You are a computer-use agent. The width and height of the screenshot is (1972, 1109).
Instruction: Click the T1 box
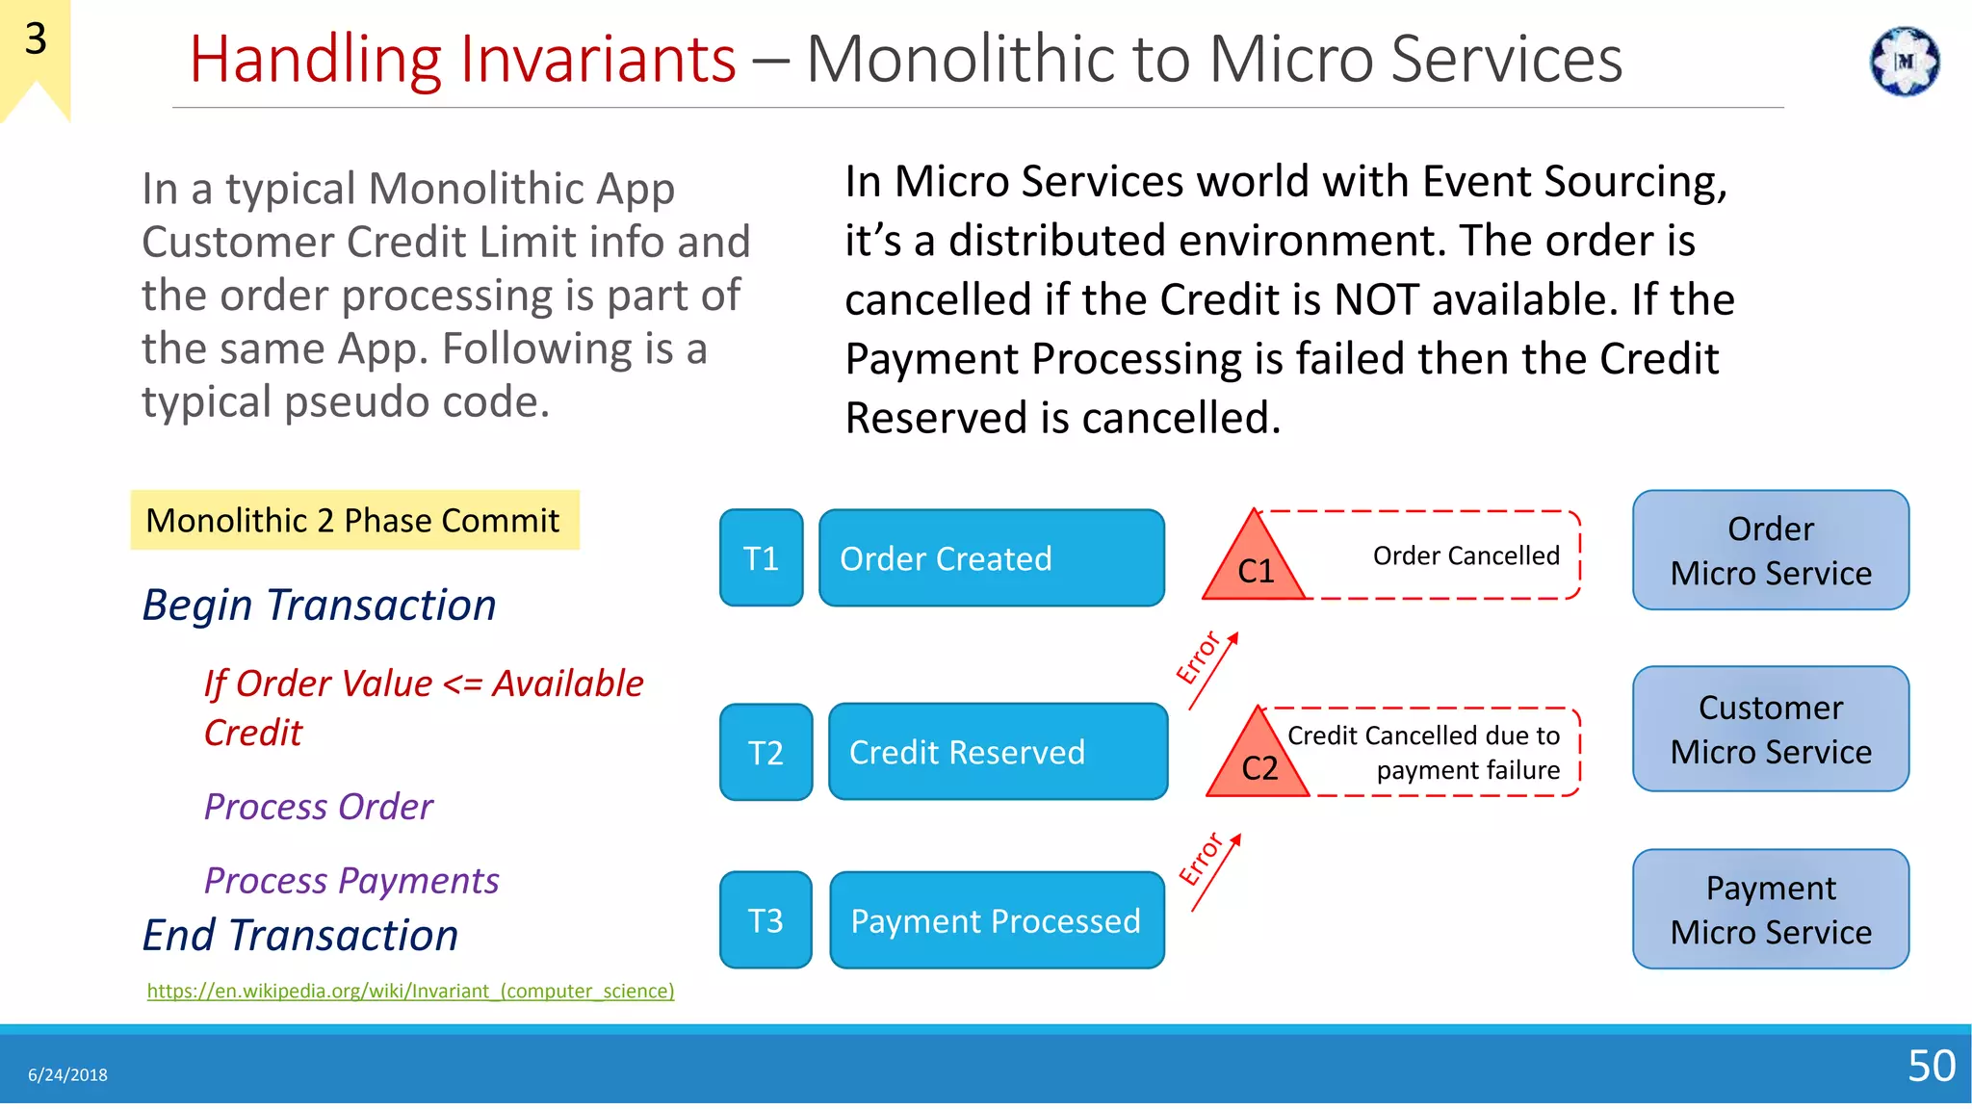coord(761,558)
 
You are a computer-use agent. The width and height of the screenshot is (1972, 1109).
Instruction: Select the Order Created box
coord(991,558)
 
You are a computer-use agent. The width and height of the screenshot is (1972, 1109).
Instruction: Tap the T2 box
coord(765,752)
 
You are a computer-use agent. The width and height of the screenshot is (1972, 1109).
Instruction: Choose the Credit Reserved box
coord(998,752)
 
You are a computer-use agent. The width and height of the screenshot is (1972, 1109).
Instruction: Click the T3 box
coord(765,920)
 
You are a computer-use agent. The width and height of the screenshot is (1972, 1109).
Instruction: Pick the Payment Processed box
coord(997,920)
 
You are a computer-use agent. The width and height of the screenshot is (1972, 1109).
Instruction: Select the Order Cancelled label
coord(1466,555)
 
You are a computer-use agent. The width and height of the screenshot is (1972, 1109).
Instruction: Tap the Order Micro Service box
coord(1770,551)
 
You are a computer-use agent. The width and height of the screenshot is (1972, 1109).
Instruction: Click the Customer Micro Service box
coord(1770,729)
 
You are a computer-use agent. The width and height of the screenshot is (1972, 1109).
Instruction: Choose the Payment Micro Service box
coord(1770,909)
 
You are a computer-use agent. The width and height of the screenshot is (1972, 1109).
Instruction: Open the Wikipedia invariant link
coord(410,991)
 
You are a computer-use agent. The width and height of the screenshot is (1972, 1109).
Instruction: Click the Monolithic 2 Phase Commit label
coord(352,520)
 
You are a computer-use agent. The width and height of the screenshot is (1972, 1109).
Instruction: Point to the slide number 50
coord(1931,1066)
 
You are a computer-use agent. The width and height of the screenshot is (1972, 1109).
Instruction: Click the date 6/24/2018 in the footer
coord(67,1075)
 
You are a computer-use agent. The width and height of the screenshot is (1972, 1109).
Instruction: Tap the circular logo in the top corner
coord(1904,62)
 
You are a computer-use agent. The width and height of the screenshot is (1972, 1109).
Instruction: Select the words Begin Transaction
coord(319,605)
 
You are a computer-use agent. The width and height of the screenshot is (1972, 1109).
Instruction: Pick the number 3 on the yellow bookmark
coord(36,39)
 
